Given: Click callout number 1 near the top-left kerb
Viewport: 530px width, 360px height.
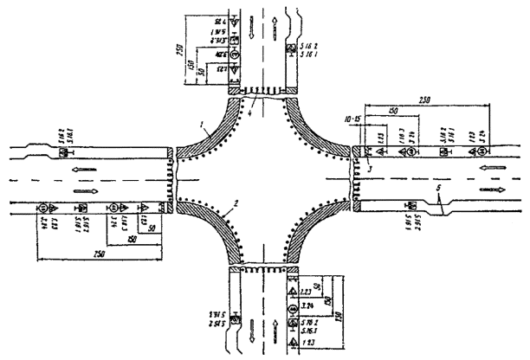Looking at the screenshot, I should pos(201,127).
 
